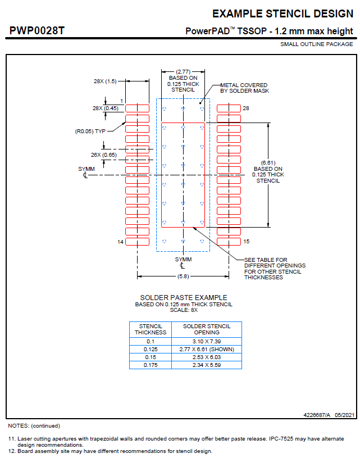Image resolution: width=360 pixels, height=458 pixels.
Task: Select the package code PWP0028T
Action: point(37,30)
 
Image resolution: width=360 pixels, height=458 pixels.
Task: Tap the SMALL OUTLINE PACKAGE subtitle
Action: point(317,44)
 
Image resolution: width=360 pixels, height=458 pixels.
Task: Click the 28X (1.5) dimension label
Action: point(105,81)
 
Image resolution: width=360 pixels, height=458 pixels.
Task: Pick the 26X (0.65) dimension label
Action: point(105,155)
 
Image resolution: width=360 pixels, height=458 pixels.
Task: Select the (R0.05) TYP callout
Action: point(90,131)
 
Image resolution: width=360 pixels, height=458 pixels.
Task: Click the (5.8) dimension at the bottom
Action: point(183,276)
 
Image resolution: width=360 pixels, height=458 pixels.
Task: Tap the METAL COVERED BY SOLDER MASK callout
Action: point(244,88)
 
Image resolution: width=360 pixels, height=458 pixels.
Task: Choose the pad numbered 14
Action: point(136,242)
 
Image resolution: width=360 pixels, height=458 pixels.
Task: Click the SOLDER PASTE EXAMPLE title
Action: point(183,297)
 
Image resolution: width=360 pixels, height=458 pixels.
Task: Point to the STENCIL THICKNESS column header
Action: point(151,329)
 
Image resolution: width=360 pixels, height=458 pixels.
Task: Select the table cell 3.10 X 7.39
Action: point(207,341)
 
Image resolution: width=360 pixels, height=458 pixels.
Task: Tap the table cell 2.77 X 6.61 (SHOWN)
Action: point(207,349)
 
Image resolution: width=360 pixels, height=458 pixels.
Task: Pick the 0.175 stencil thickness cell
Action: point(151,365)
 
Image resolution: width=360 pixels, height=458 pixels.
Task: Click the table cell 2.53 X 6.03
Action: point(207,357)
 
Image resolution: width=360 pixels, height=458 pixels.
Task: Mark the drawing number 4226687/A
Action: point(316,415)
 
